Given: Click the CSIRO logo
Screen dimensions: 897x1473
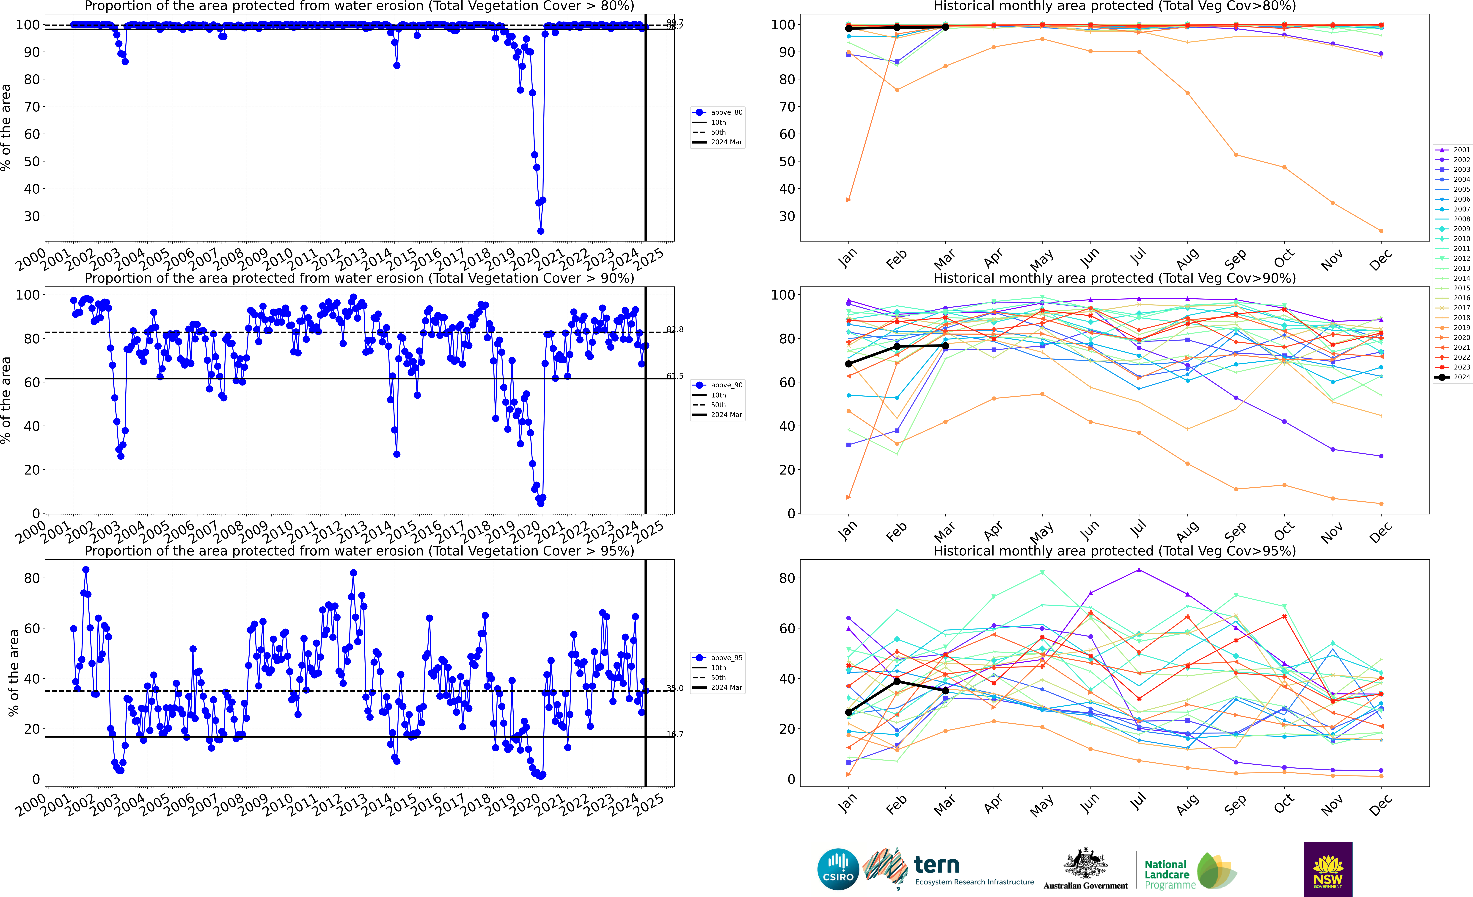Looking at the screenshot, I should pyautogui.click(x=838, y=869).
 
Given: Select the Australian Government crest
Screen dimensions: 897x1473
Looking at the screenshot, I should pyautogui.click(x=1085, y=864).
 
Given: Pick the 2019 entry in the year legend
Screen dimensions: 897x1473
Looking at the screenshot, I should pyautogui.click(x=1453, y=328).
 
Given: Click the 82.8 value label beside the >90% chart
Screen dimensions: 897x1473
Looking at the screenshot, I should pyautogui.click(x=675, y=330).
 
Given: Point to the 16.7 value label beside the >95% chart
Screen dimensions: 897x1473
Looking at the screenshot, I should pyautogui.click(x=675, y=734).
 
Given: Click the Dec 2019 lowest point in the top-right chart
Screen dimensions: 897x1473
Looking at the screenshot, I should pyautogui.click(x=1381, y=231).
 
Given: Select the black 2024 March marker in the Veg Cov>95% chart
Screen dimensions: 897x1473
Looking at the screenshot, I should pyautogui.click(x=945, y=691).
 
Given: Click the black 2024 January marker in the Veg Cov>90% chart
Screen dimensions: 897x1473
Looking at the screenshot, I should pyautogui.click(x=848, y=364).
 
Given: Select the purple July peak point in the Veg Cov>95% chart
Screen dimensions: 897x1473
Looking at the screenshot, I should pyautogui.click(x=1139, y=570).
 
